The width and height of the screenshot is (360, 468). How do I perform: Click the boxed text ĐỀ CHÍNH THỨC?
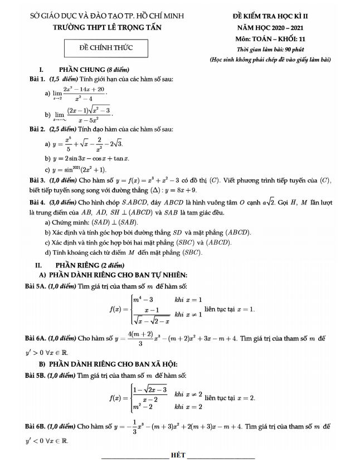click(106, 48)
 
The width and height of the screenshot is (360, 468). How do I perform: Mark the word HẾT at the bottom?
click(179, 455)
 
